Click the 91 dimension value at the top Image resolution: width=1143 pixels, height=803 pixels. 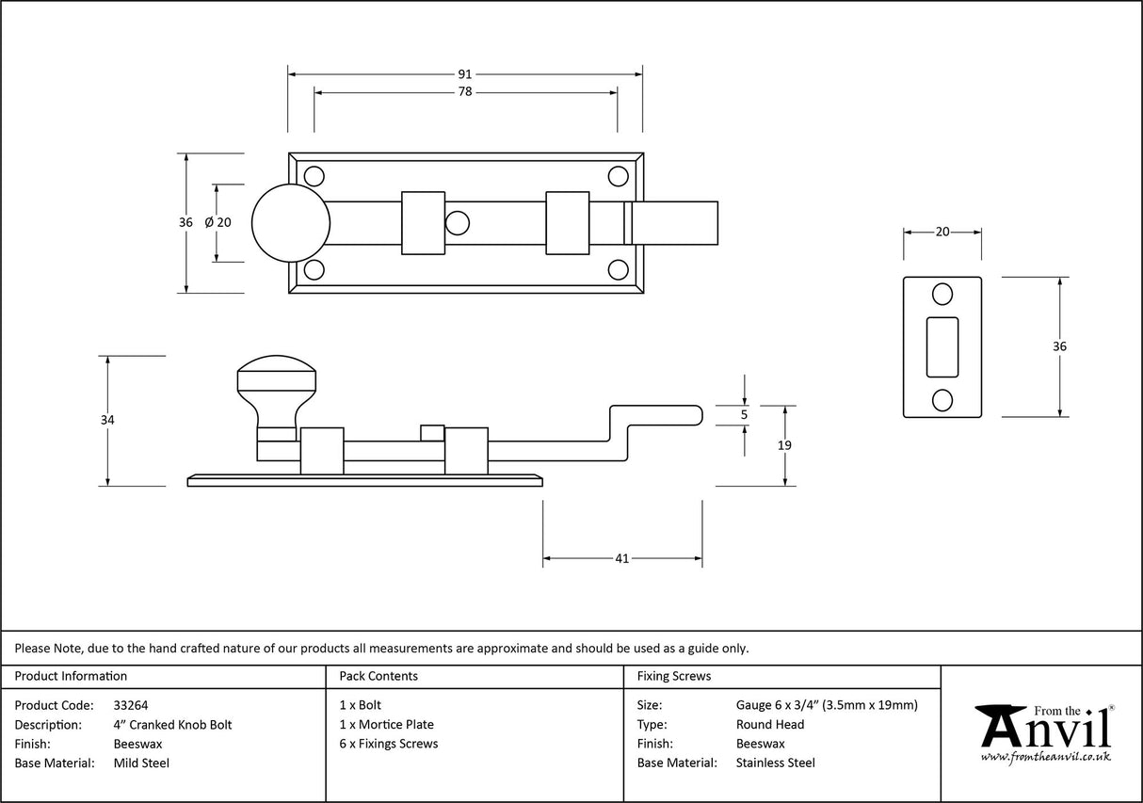pyautogui.click(x=465, y=73)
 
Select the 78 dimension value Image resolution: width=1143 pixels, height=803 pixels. pyautogui.click(x=465, y=92)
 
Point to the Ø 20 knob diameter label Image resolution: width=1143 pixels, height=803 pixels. pyautogui.click(x=217, y=223)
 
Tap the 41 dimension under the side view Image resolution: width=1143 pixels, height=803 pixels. pyautogui.click(x=621, y=558)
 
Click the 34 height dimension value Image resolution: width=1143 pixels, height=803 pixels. pyautogui.click(x=107, y=421)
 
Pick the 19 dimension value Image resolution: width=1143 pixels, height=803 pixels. pyautogui.click(x=785, y=445)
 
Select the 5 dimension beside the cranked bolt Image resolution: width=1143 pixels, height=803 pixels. pyautogui.click(x=745, y=414)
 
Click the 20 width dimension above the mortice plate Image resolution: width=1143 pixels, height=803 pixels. pyautogui.click(x=942, y=233)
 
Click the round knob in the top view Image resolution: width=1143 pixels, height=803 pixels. pyautogui.click(x=291, y=223)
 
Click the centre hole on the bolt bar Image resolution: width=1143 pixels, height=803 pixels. pyautogui.click(x=458, y=223)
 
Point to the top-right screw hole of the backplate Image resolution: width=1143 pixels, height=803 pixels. pyautogui.click(x=618, y=176)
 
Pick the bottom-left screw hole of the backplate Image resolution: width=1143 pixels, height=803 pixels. pyautogui.click(x=314, y=270)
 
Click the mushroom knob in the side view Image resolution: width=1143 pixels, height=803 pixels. pyautogui.click(x=275, y=380)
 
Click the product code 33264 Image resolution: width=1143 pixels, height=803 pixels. pyautogui.click(x=130, y=705)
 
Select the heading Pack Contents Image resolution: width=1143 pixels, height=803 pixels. pyautogui.click(x=378, y=676)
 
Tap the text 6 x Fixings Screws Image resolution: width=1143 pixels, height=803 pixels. pyautogui.click(x=388, y=744)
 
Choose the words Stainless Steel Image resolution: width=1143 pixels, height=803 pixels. pyautogui.click(x=775, y=763)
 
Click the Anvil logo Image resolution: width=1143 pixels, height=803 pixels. pyautogui.click(x=1044, y=731)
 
